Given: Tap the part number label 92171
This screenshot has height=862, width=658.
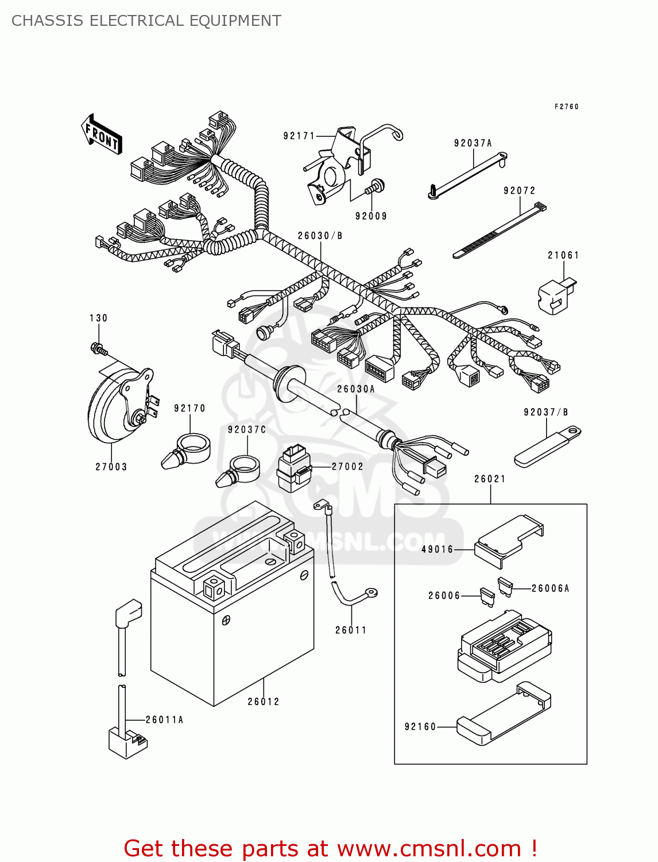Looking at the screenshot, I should click(x=299, y=136).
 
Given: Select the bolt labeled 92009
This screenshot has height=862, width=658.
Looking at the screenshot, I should click(x=376, y=187).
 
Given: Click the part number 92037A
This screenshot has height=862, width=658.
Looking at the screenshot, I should click(x=473, y=143).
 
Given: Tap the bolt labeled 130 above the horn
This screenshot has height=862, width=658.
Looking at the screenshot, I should click(x=98, y=348).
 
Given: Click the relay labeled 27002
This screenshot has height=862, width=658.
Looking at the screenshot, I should click(x=293, y=468).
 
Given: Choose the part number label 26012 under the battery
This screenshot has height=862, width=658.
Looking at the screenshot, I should click(x=264, y=702).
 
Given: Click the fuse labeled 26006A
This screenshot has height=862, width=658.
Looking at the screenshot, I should click(x=505, y=587).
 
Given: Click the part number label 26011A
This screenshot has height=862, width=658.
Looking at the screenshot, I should click(x=164, y=719).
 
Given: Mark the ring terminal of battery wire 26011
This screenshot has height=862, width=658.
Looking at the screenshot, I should click(x=371, y=592).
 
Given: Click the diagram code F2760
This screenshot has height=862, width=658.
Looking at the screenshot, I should click(x=566, y=106).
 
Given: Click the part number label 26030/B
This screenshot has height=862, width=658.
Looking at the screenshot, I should click(x=320, y=236).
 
